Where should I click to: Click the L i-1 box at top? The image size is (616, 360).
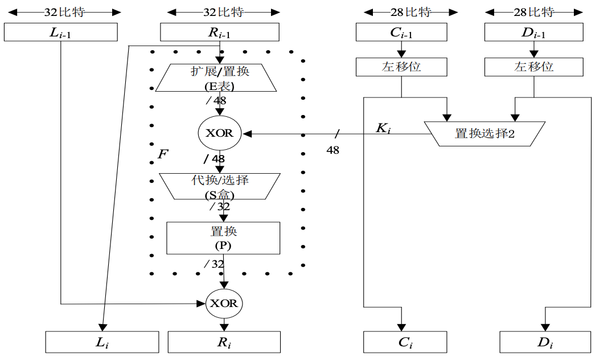60,32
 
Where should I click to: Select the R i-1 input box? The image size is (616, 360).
219,32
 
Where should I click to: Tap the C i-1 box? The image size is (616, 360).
401,32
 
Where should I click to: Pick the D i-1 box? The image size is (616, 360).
533,32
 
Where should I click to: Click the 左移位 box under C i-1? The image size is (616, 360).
401,67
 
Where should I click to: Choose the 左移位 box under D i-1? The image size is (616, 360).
533,67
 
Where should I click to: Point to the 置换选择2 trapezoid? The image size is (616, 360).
484,134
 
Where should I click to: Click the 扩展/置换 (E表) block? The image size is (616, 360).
216,77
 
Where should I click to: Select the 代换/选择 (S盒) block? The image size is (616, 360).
220,186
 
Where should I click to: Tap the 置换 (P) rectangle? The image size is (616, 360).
223,238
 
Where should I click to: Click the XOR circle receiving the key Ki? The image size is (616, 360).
219,133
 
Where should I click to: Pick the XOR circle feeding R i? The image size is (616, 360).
224,303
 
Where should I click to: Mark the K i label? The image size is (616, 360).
383,128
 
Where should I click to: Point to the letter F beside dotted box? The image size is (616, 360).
162,154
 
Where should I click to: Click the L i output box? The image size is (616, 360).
102,342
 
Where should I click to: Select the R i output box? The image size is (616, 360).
224,342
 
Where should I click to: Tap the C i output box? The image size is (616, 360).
405,342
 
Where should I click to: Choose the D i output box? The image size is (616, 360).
545,342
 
